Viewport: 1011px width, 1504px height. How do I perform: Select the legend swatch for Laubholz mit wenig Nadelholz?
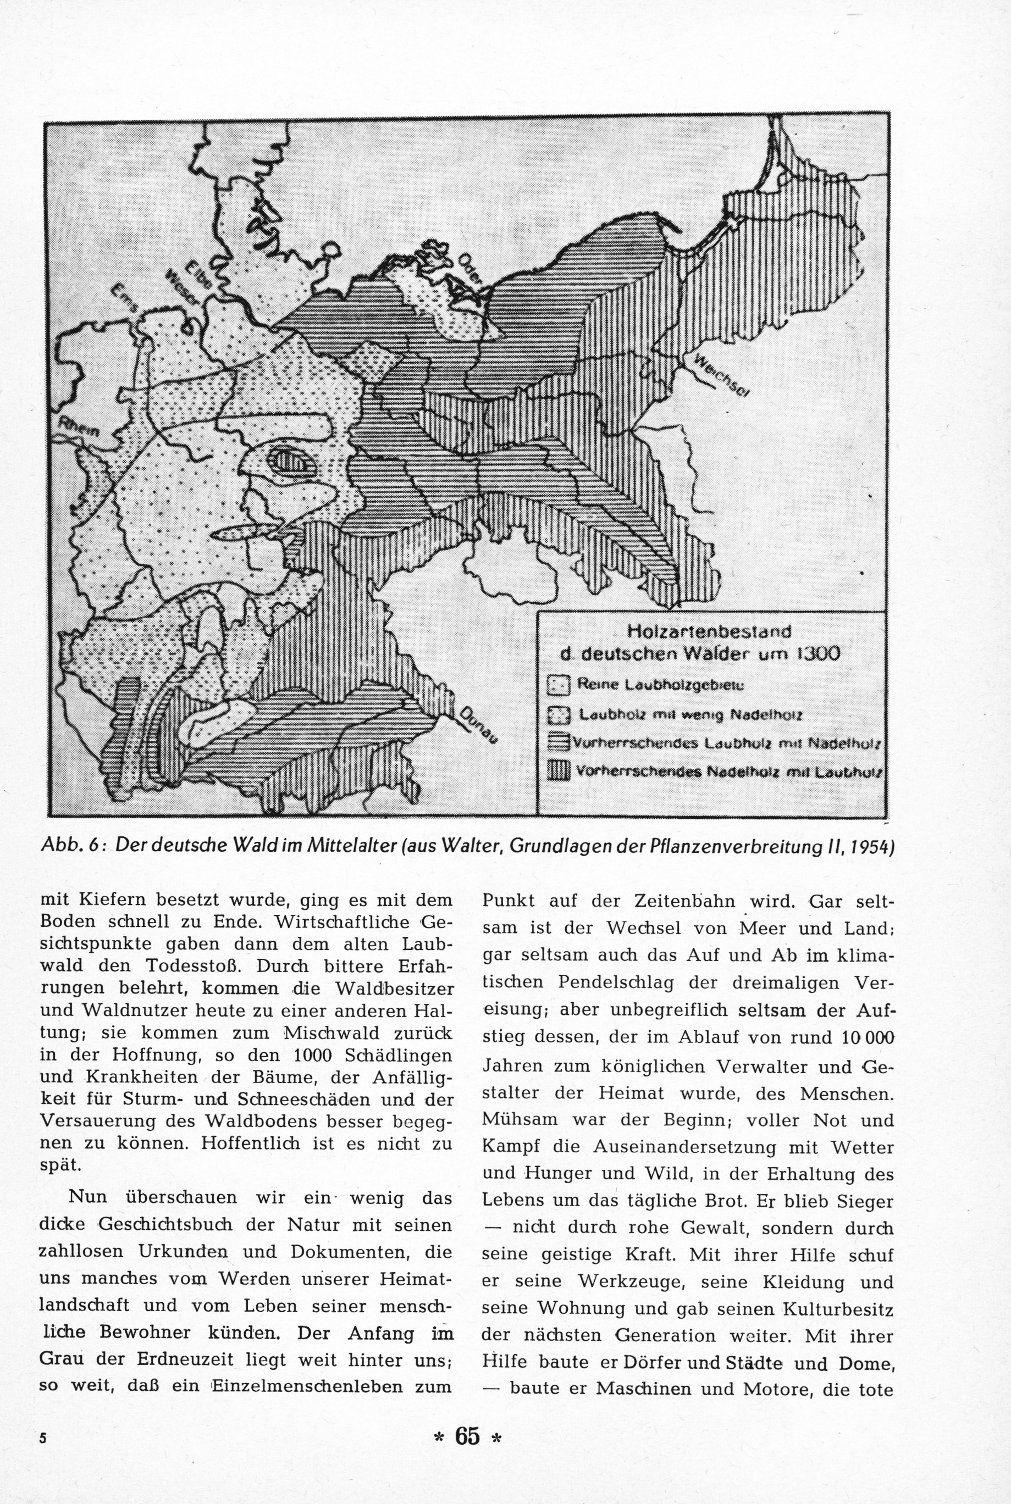(559, 714)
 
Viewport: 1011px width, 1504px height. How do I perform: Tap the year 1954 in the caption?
(871, 846)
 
